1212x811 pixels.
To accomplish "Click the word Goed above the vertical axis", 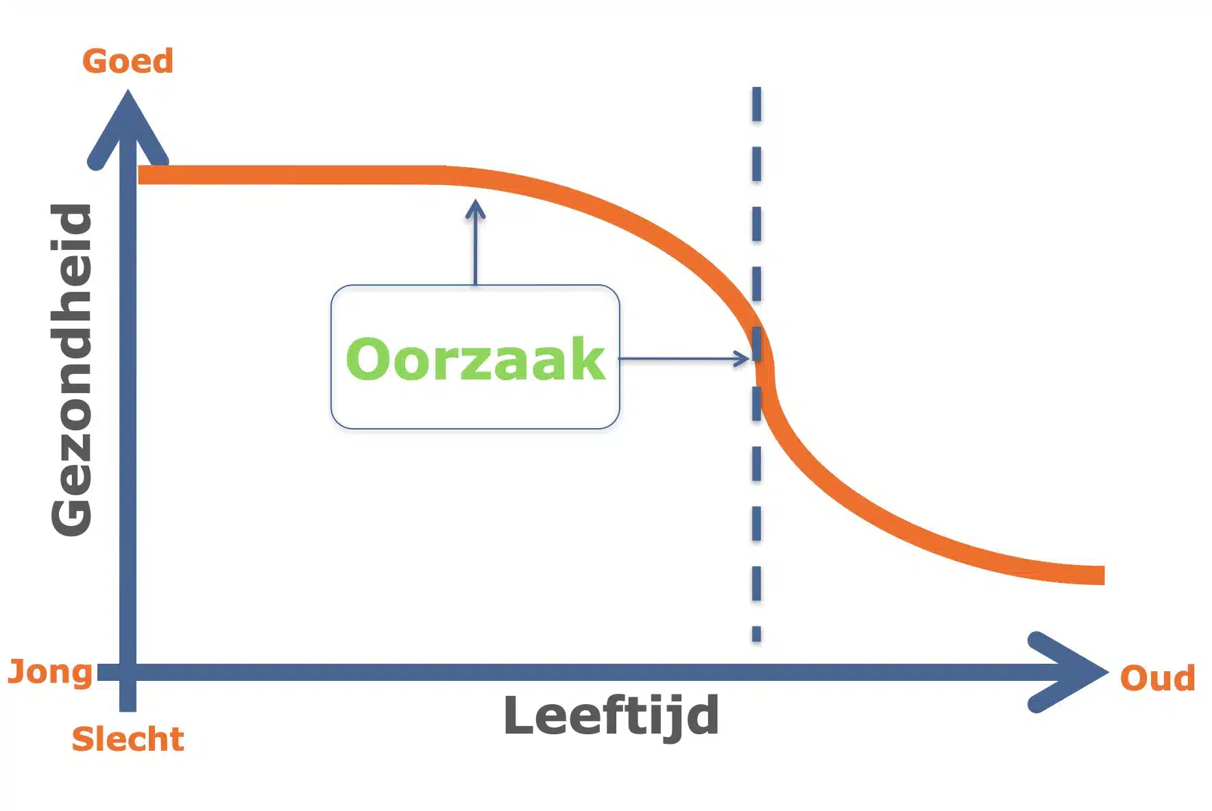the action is pos(128,61).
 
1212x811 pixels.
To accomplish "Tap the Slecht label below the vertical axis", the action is pos(128,739).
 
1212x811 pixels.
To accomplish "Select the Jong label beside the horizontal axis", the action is pos(50,673).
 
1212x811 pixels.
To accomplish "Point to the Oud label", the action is pos(1157,678).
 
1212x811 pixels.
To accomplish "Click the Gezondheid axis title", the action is pos(71,370).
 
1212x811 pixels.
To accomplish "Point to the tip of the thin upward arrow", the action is pos(475,200).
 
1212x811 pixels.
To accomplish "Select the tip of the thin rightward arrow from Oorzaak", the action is pos(751,358).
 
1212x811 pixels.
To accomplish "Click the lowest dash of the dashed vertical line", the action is pos(756,634).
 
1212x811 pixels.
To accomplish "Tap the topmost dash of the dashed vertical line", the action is pos(756,104).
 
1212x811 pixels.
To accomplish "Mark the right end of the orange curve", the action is pos(1104,575).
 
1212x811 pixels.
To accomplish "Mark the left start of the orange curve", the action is pos(140,175).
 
